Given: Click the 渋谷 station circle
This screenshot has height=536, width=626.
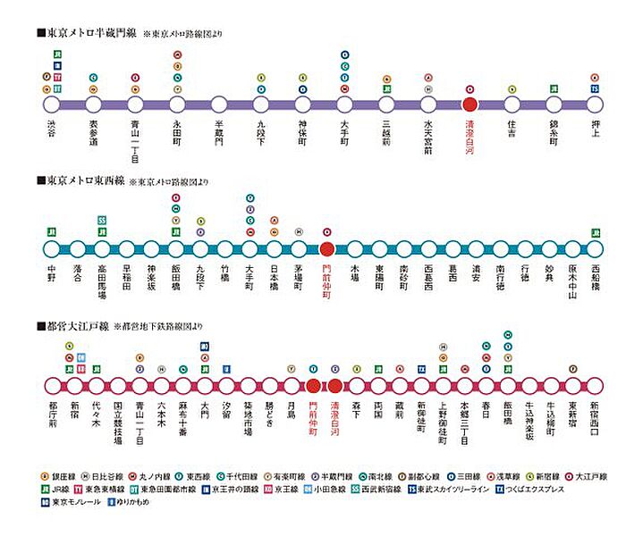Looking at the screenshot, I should click(x=51, y=104).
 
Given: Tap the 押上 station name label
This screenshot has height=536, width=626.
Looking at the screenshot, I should click(x=595, y=130).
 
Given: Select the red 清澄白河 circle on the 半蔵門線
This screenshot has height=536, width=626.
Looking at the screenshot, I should click(x=469, y=104).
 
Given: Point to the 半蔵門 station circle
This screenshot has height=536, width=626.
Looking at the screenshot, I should click(x=218, y=104).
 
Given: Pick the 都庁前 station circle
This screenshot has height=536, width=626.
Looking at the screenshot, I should click(x=51, y=386).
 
